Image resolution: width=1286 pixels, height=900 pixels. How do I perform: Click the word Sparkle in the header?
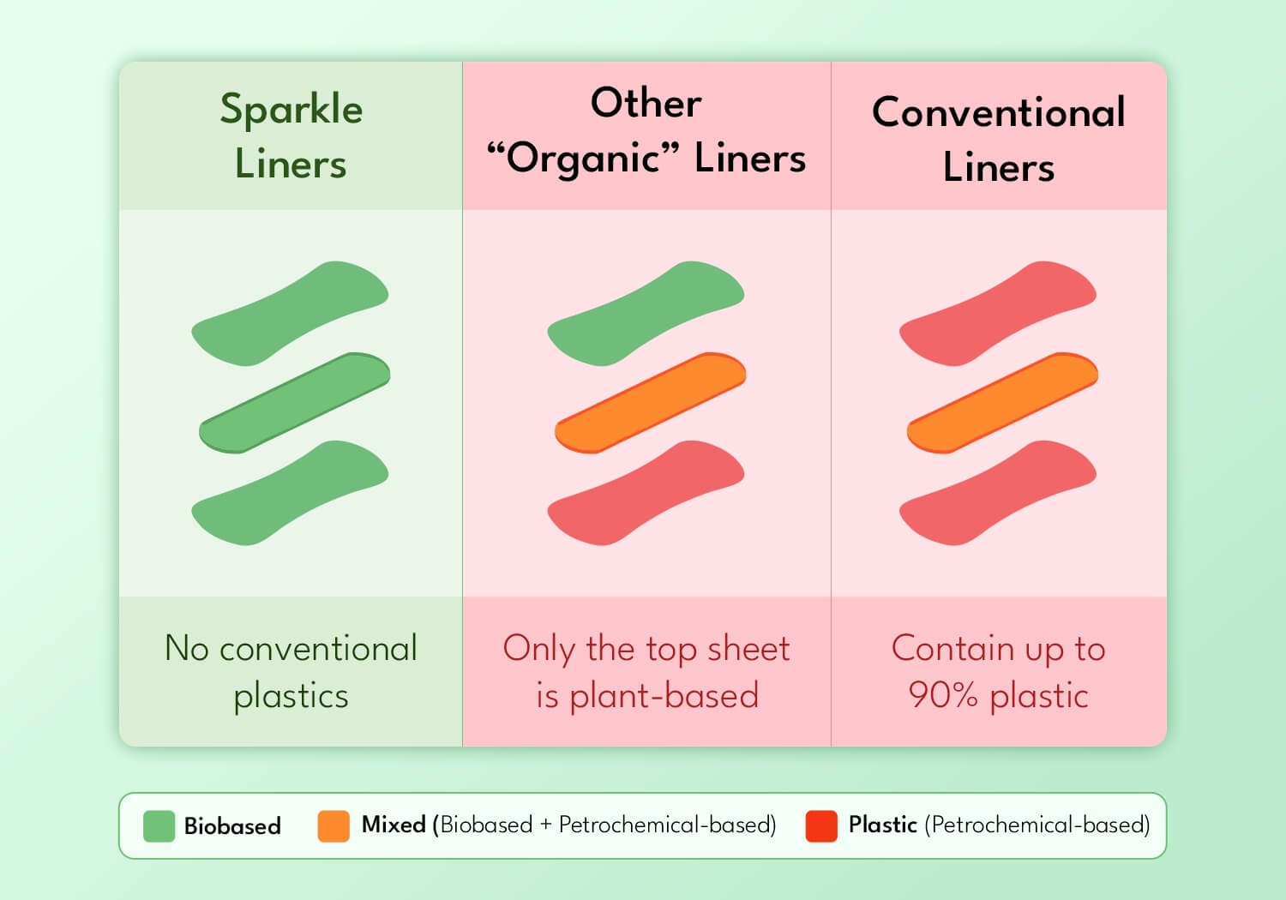(x=291, y=109)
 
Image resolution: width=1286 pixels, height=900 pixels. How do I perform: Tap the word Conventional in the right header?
(x=999, y=112)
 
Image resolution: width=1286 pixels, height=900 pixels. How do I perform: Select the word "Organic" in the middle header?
(x=583, y=159)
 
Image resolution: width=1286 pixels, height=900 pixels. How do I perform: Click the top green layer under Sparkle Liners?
(x=290, y=314)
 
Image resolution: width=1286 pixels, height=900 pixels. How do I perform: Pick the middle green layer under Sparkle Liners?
(x=295, y=403)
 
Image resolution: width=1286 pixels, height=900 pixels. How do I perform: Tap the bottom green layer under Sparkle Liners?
(x=290, y=493)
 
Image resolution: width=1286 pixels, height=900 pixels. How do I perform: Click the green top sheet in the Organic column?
(x=646, y=314)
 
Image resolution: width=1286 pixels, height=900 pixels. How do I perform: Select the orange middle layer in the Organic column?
(x=651, y=403)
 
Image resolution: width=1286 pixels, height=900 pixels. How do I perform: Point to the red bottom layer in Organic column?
(x=646, y=493)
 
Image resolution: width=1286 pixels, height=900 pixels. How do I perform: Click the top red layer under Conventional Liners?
(x=998, y=314)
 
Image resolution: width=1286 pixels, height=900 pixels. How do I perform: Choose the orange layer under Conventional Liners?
(x=1002, y=403)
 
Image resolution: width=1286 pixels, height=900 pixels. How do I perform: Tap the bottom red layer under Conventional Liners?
(x=998, y=493)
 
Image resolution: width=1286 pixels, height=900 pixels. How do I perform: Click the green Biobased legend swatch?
(x=159, y=826)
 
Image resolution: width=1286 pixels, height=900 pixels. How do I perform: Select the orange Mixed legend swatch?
(x=334, y=826)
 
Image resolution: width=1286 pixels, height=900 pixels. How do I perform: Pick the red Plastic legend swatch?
(x=821, y=826)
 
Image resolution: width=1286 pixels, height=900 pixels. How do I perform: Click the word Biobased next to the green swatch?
(x=232, y=826)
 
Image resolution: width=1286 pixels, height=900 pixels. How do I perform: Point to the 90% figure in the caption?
(x=943, y=695)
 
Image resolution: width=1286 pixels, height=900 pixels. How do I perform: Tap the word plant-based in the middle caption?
(x=664, y=696)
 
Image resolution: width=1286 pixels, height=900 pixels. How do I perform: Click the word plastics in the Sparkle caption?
(x=291, y=696)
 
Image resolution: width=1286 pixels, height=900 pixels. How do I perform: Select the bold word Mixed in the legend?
(x=394, y=825)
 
